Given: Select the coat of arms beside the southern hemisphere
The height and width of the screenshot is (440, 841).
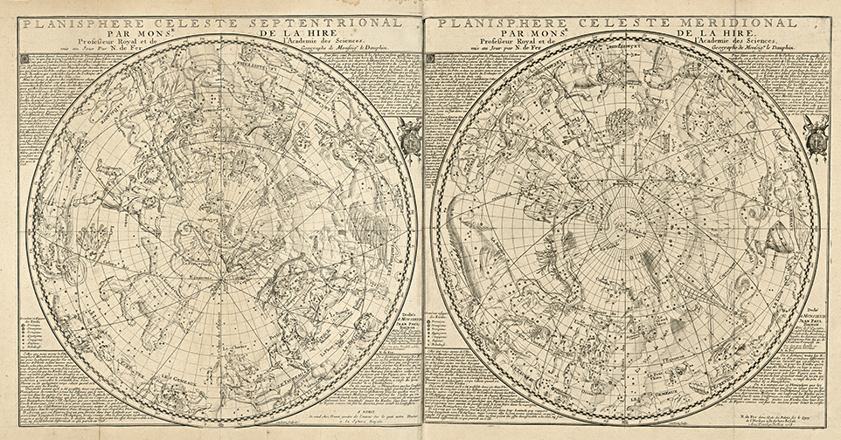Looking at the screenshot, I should [815, 138].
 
